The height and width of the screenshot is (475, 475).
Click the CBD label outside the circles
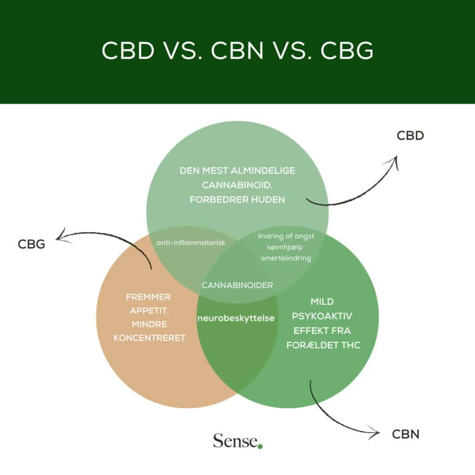411,135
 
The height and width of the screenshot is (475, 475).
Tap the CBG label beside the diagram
32,244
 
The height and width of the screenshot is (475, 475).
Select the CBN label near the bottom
405,435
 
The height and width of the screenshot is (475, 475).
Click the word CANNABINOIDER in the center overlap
237,285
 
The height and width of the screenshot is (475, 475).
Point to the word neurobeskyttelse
236,319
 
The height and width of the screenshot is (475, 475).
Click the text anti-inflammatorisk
190,242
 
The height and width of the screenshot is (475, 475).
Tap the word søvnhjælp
286,247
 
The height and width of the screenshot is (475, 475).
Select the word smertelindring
286,258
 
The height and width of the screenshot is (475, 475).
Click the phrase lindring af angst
286,236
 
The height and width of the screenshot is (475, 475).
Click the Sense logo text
235,440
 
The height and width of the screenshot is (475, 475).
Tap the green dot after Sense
260,446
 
